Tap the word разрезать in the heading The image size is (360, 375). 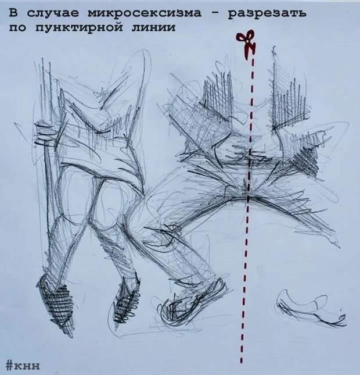(x=267, y=14)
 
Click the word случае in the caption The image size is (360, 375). (x=53, y=13)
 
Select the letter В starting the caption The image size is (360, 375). (x=13, y=13)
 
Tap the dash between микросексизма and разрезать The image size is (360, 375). (x=214, y=13)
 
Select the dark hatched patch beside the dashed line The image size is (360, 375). (x=306, y=160)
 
